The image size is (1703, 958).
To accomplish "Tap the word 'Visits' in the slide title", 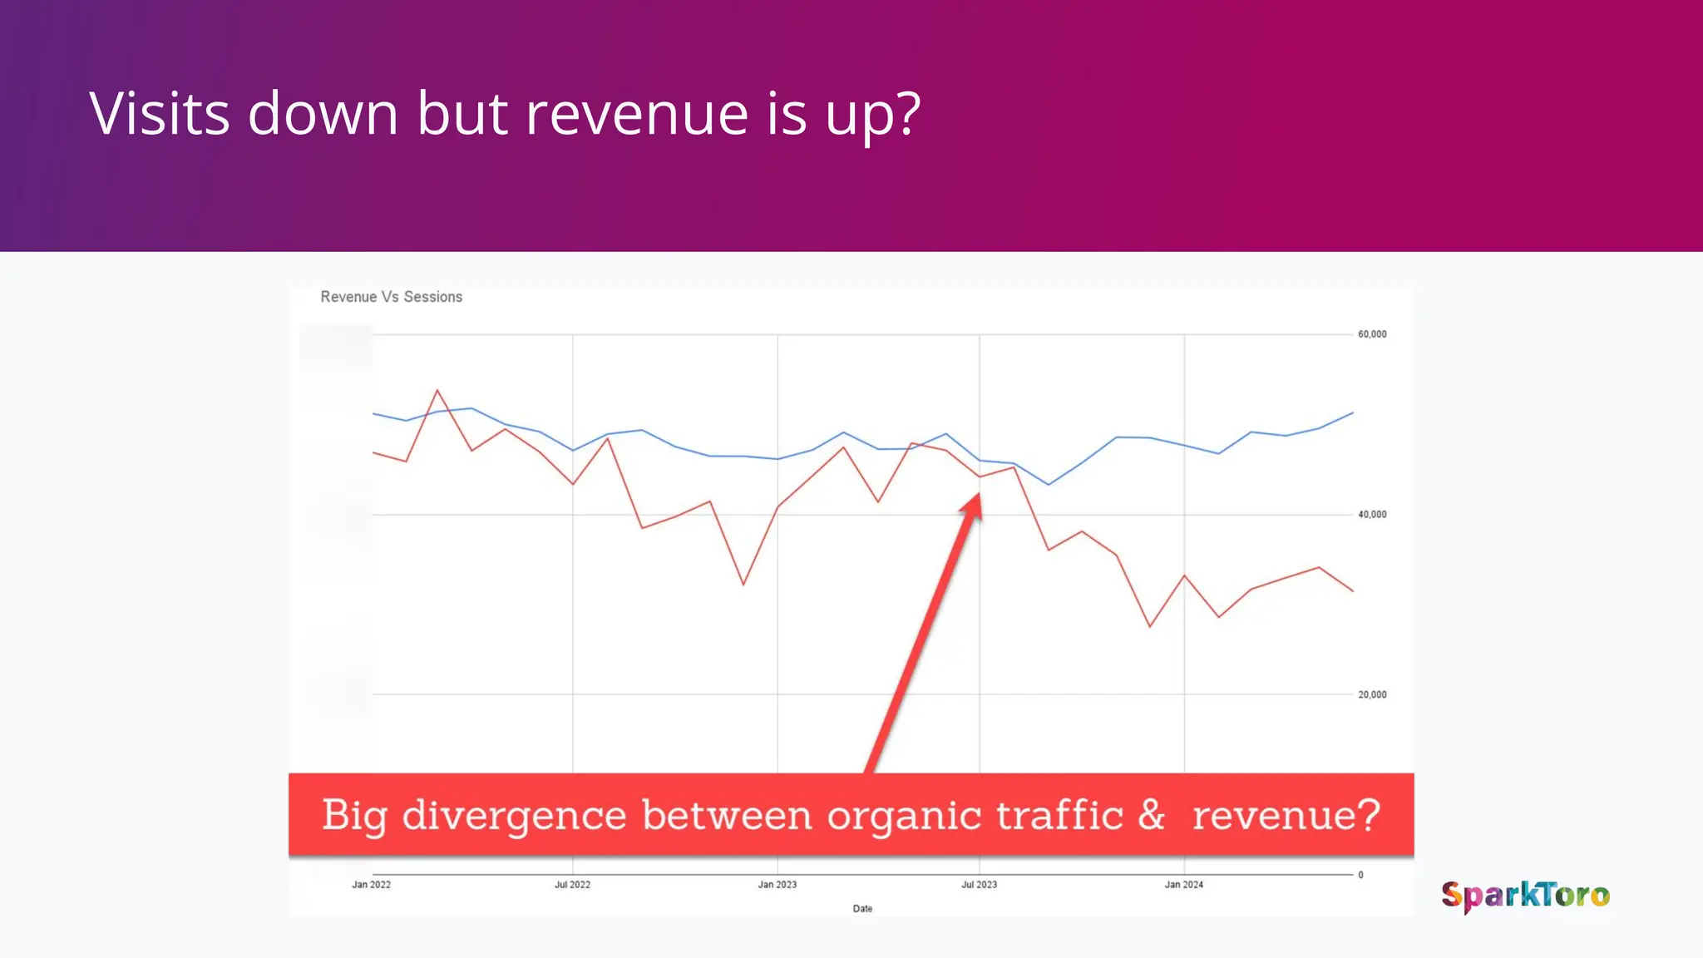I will click(x=159, y=114).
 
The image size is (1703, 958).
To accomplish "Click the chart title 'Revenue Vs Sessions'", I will click(x=391, y=297).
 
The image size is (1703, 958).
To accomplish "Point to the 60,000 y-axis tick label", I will click(x=1372, y=334).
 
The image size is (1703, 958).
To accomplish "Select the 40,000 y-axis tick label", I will click(x=1372, y=515).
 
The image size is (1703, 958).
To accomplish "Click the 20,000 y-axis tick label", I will click(x=1372, y=695).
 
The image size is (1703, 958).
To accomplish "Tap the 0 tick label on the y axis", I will click(x=1360, y=875).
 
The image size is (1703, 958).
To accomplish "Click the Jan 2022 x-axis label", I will click(x=371, y=885).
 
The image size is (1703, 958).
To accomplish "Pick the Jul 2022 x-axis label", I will click(x=572, y=885).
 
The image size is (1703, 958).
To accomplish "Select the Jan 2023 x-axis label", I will click(x=777, y=885).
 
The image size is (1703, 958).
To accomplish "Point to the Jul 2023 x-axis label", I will click(x=979, y=885).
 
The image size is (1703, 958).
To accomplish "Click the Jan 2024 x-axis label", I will click(x=1183, y=885).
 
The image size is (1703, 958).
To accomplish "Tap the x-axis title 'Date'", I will click(x=862, y=909).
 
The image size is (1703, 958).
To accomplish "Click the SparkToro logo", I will click(x=1525, y=896).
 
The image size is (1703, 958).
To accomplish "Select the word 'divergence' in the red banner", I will click(x=514, y=815).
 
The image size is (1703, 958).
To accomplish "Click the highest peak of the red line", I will click(x=437, y=390).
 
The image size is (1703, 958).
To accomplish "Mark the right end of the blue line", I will click(x=1353, y=412).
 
